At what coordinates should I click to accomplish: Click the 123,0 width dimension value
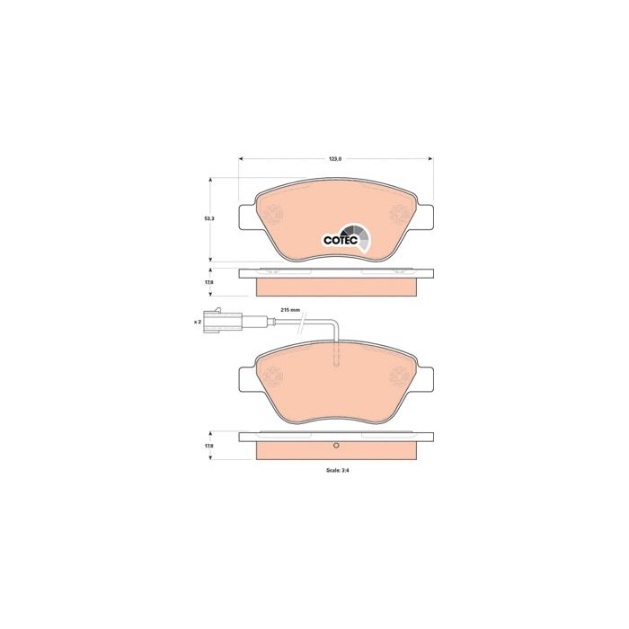335,159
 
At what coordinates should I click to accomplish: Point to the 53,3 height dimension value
209,218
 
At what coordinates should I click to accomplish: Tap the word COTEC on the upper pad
341,240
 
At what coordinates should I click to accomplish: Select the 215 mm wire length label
290,310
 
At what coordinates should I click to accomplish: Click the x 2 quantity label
198,322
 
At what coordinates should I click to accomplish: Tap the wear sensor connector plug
223,321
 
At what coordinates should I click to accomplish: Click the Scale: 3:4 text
338,471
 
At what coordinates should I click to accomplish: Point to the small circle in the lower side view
337,446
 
